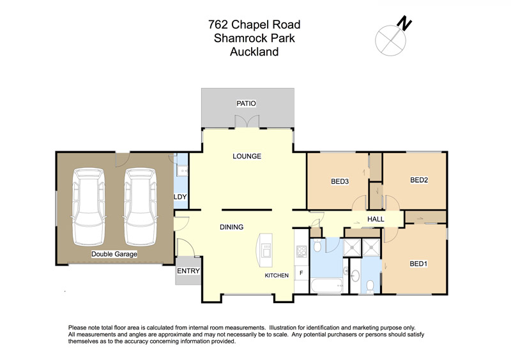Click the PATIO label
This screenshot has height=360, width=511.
[246, 103]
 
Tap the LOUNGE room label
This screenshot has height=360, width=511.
[247, 156]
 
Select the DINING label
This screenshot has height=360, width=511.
[232, 227]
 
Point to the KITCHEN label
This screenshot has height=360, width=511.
[277, 276]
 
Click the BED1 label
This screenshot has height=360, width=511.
[418, 264]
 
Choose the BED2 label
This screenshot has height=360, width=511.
[419, 180]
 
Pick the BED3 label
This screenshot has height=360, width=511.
[340, 181]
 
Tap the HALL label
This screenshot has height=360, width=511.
[376, 220]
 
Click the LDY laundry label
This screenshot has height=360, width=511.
[180, 197]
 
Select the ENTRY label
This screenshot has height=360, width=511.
[188, 271]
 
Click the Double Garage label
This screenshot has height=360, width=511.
[114, 254]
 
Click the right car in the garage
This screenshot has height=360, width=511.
[141, 207]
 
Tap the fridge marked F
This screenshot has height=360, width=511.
[301, 273]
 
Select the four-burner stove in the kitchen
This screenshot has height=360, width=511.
[301, 251]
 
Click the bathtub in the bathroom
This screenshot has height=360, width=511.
[327, 286]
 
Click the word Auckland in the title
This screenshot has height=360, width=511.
[254, 52]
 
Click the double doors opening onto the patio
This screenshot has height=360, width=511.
[247, 121]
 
